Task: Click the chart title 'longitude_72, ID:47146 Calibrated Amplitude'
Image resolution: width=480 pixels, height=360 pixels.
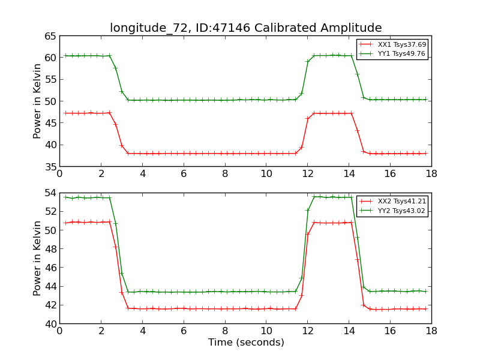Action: pyautogui.click(x=245, y=28)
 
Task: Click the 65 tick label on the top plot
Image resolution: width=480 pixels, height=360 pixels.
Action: pyautogui.click(x=49, y=36)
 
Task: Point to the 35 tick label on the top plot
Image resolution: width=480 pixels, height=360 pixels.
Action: pyautogui.click(x=49, y=166)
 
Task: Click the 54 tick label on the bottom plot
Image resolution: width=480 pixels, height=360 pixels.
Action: pyautogui.click(x=49, y=193)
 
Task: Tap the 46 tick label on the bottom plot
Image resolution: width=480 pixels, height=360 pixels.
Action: pyautogui.click(x=49, y=268)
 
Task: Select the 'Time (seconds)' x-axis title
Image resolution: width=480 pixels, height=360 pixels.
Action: pyautogui.click(x=246, y=343)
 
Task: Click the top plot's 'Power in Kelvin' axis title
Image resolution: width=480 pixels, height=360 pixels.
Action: pyautogui.click(x=38, y=101)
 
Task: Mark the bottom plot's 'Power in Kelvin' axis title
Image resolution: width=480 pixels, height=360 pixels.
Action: pyautogui.click(x=38, y=258)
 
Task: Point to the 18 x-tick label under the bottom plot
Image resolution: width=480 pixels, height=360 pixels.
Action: pyautogui.click(x=431, y=331)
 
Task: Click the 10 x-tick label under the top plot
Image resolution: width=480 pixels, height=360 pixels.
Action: pyautogui.click(x=266, y=173)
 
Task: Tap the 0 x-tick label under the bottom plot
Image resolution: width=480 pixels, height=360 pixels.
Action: pyautogui.click(x=59, y=331)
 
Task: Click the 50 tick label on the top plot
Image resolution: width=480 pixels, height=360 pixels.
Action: pyautogui.click(x=49, y=101)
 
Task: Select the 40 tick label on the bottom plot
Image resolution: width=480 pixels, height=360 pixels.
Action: pyautogui.click(x=49, y=324)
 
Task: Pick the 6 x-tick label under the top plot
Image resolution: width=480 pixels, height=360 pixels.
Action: pyautogui.click(x=184, y=173)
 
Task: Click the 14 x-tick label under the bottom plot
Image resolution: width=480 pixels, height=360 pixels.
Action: pyautogui.click(x=349, y=331)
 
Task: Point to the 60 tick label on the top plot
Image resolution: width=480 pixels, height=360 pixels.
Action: pyautogui.click(x=49, y=58)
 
